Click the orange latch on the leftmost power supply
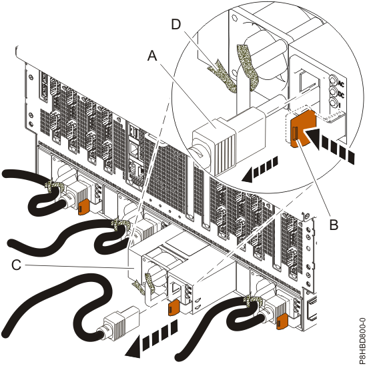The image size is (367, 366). (x=83, y=207)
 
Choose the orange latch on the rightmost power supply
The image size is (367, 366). (x=281, y=322)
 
